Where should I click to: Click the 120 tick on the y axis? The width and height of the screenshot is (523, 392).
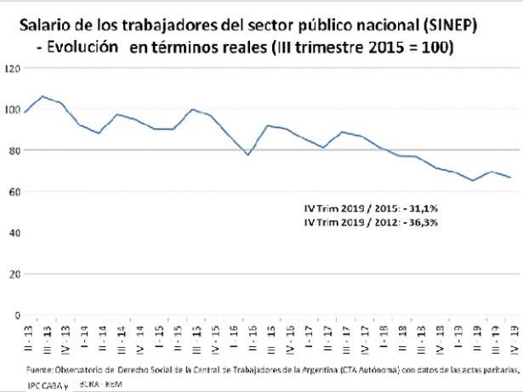(11, 68)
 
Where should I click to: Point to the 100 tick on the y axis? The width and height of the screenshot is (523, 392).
(11, 110)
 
